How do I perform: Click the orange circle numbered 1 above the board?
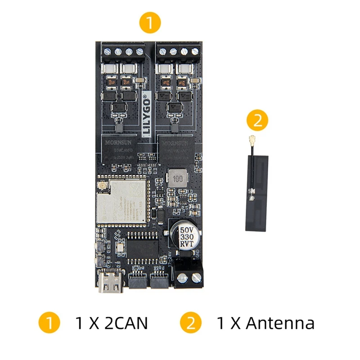[x=150, y=22]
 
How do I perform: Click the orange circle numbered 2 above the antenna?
[x=258, y=120]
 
